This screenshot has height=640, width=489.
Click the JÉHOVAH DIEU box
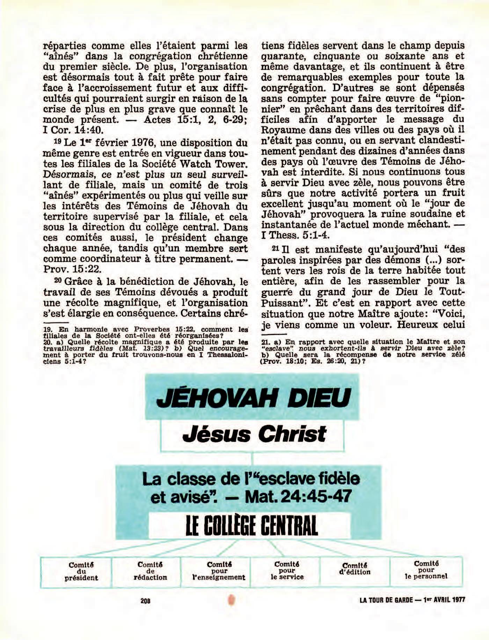click(x=252, y=397)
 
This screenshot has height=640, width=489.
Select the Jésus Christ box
click(x=252, y=435)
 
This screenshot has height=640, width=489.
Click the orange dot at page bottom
click(x=231, y=600)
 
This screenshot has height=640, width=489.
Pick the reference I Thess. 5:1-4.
click(x=295, y=235)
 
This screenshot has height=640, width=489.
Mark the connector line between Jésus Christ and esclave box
click(x=252, y=458)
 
